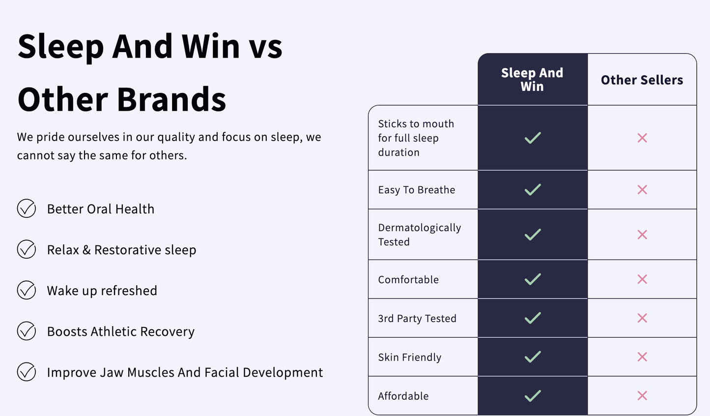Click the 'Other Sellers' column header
[x=642, y=80]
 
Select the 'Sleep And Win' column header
[x=532, y=79]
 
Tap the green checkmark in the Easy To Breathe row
[x=533, y=189]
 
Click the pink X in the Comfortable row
[x=642, y=279]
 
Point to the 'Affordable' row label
[x=403, y=396]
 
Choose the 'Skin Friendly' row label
[x=409, y=357]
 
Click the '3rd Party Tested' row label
[x=417, y=318]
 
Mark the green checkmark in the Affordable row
[x=533, y=396]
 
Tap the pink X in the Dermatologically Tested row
[x=642, y=235]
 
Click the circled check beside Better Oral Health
[x=27, y=208]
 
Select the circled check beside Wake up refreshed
[x=27, y=290]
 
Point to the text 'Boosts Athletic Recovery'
[x=121, y=331]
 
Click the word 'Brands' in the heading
[x=171, y=99]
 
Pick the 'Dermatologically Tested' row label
[x=419, y=235]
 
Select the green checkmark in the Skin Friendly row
[x=533, y=357]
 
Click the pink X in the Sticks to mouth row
[x=642, y=138]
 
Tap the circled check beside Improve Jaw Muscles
[x=27, y=372]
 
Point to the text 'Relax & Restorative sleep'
[x=122, y=250]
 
